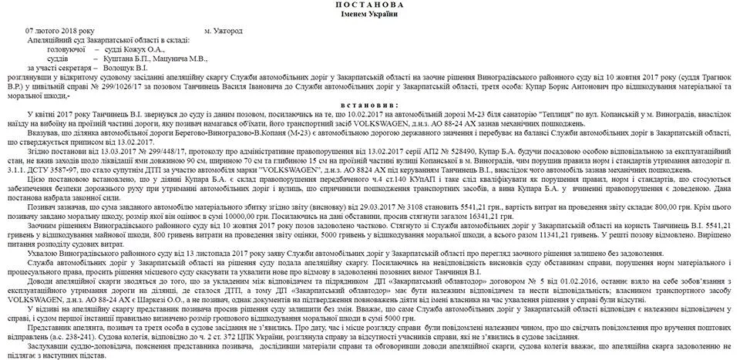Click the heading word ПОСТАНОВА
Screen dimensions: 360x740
pyautogui.click(x=370, y=5)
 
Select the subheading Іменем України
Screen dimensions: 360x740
pyautogui.click(x=370, y=15)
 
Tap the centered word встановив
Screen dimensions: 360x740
pyautogui.click(x=369, y=103)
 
